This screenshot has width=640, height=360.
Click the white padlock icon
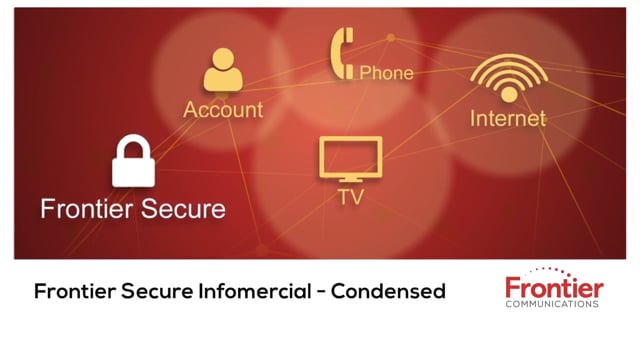coord(133,162)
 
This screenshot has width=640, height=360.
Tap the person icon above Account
coord(223,71)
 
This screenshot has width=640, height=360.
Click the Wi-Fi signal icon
coord(508,77)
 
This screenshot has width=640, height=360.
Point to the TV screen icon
coord(350,158)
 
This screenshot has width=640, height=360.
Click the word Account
coord(223,109)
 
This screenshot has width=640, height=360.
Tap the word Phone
coord(386,72)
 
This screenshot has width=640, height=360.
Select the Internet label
coord(508,118)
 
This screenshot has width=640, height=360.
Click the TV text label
coord(350,198)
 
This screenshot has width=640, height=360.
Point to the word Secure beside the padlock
coord(184,209)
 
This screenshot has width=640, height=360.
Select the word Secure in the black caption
coord(148,292)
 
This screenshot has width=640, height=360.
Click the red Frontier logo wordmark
coord(553,288)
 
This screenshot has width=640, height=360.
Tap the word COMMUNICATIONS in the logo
coord(553,304)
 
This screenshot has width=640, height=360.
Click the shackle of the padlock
coord(133,145)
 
